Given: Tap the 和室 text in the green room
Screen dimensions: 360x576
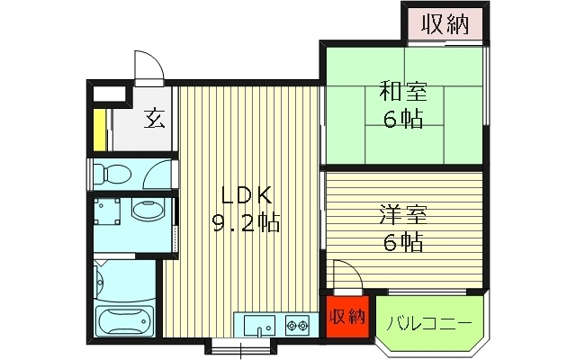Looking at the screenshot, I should [x=402, y=93].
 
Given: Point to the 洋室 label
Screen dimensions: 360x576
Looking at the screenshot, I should [x=402, y=215].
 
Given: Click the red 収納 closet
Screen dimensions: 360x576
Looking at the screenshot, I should [x=346, y=317].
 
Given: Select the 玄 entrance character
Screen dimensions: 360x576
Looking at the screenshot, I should [x=155, y=118].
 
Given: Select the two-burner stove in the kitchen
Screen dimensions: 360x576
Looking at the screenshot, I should [x=298, y=324].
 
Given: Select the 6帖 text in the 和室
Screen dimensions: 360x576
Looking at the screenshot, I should [x=402, y=120].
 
